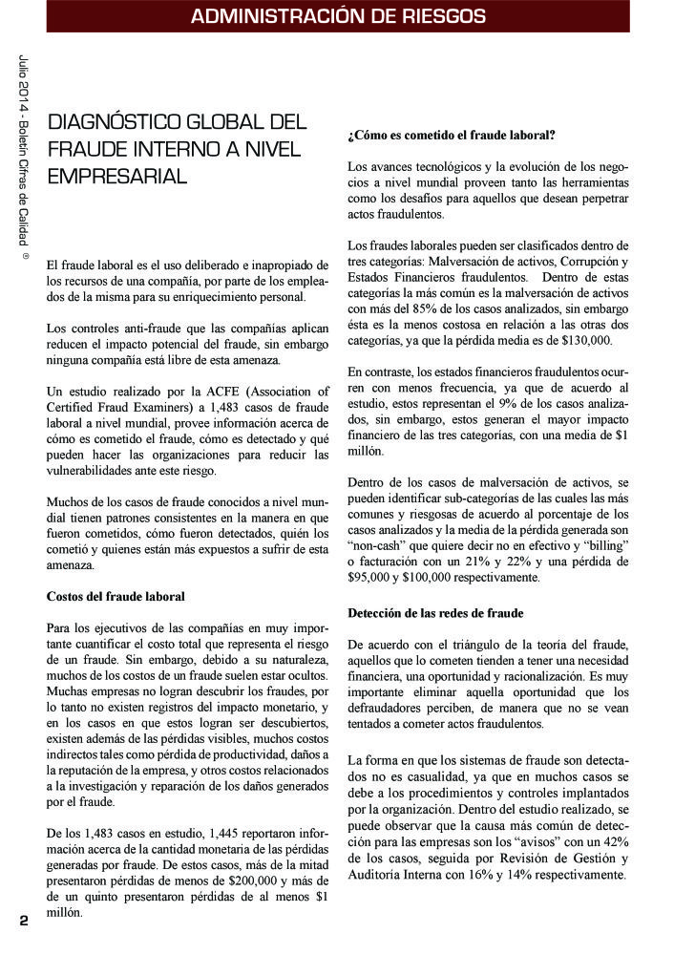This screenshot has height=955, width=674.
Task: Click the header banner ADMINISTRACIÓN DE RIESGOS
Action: [x=338, y=16]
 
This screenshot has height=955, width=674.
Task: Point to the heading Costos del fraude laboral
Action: [x=116, y=596]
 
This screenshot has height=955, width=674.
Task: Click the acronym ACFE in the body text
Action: [x=214, y=391]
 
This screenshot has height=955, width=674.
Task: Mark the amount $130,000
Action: [x=579, y=341]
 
